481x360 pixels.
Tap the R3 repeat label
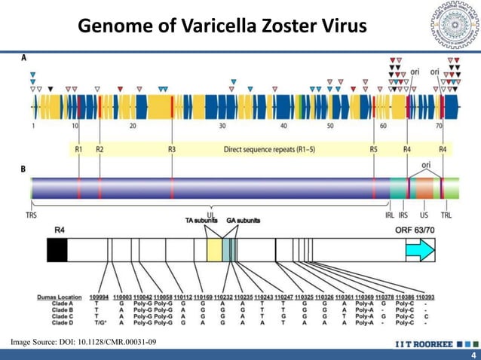coord(172,150)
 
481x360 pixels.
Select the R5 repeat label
coord(374,150)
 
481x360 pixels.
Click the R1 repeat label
coord(79,150)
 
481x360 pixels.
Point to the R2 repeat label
coord(100,150)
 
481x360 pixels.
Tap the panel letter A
coord(23,58)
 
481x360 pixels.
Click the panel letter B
coord(23,170)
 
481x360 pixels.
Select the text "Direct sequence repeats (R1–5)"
coord(270,150)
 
